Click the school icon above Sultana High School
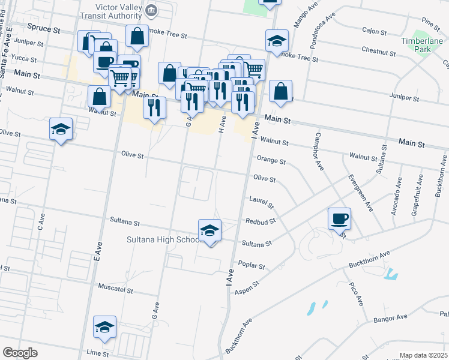click(209, 230)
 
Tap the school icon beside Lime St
click(105, 328)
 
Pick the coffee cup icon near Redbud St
click(340, 218)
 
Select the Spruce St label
click(44, 28)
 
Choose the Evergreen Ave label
click(361, 193)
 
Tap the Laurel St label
click(262, 202)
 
